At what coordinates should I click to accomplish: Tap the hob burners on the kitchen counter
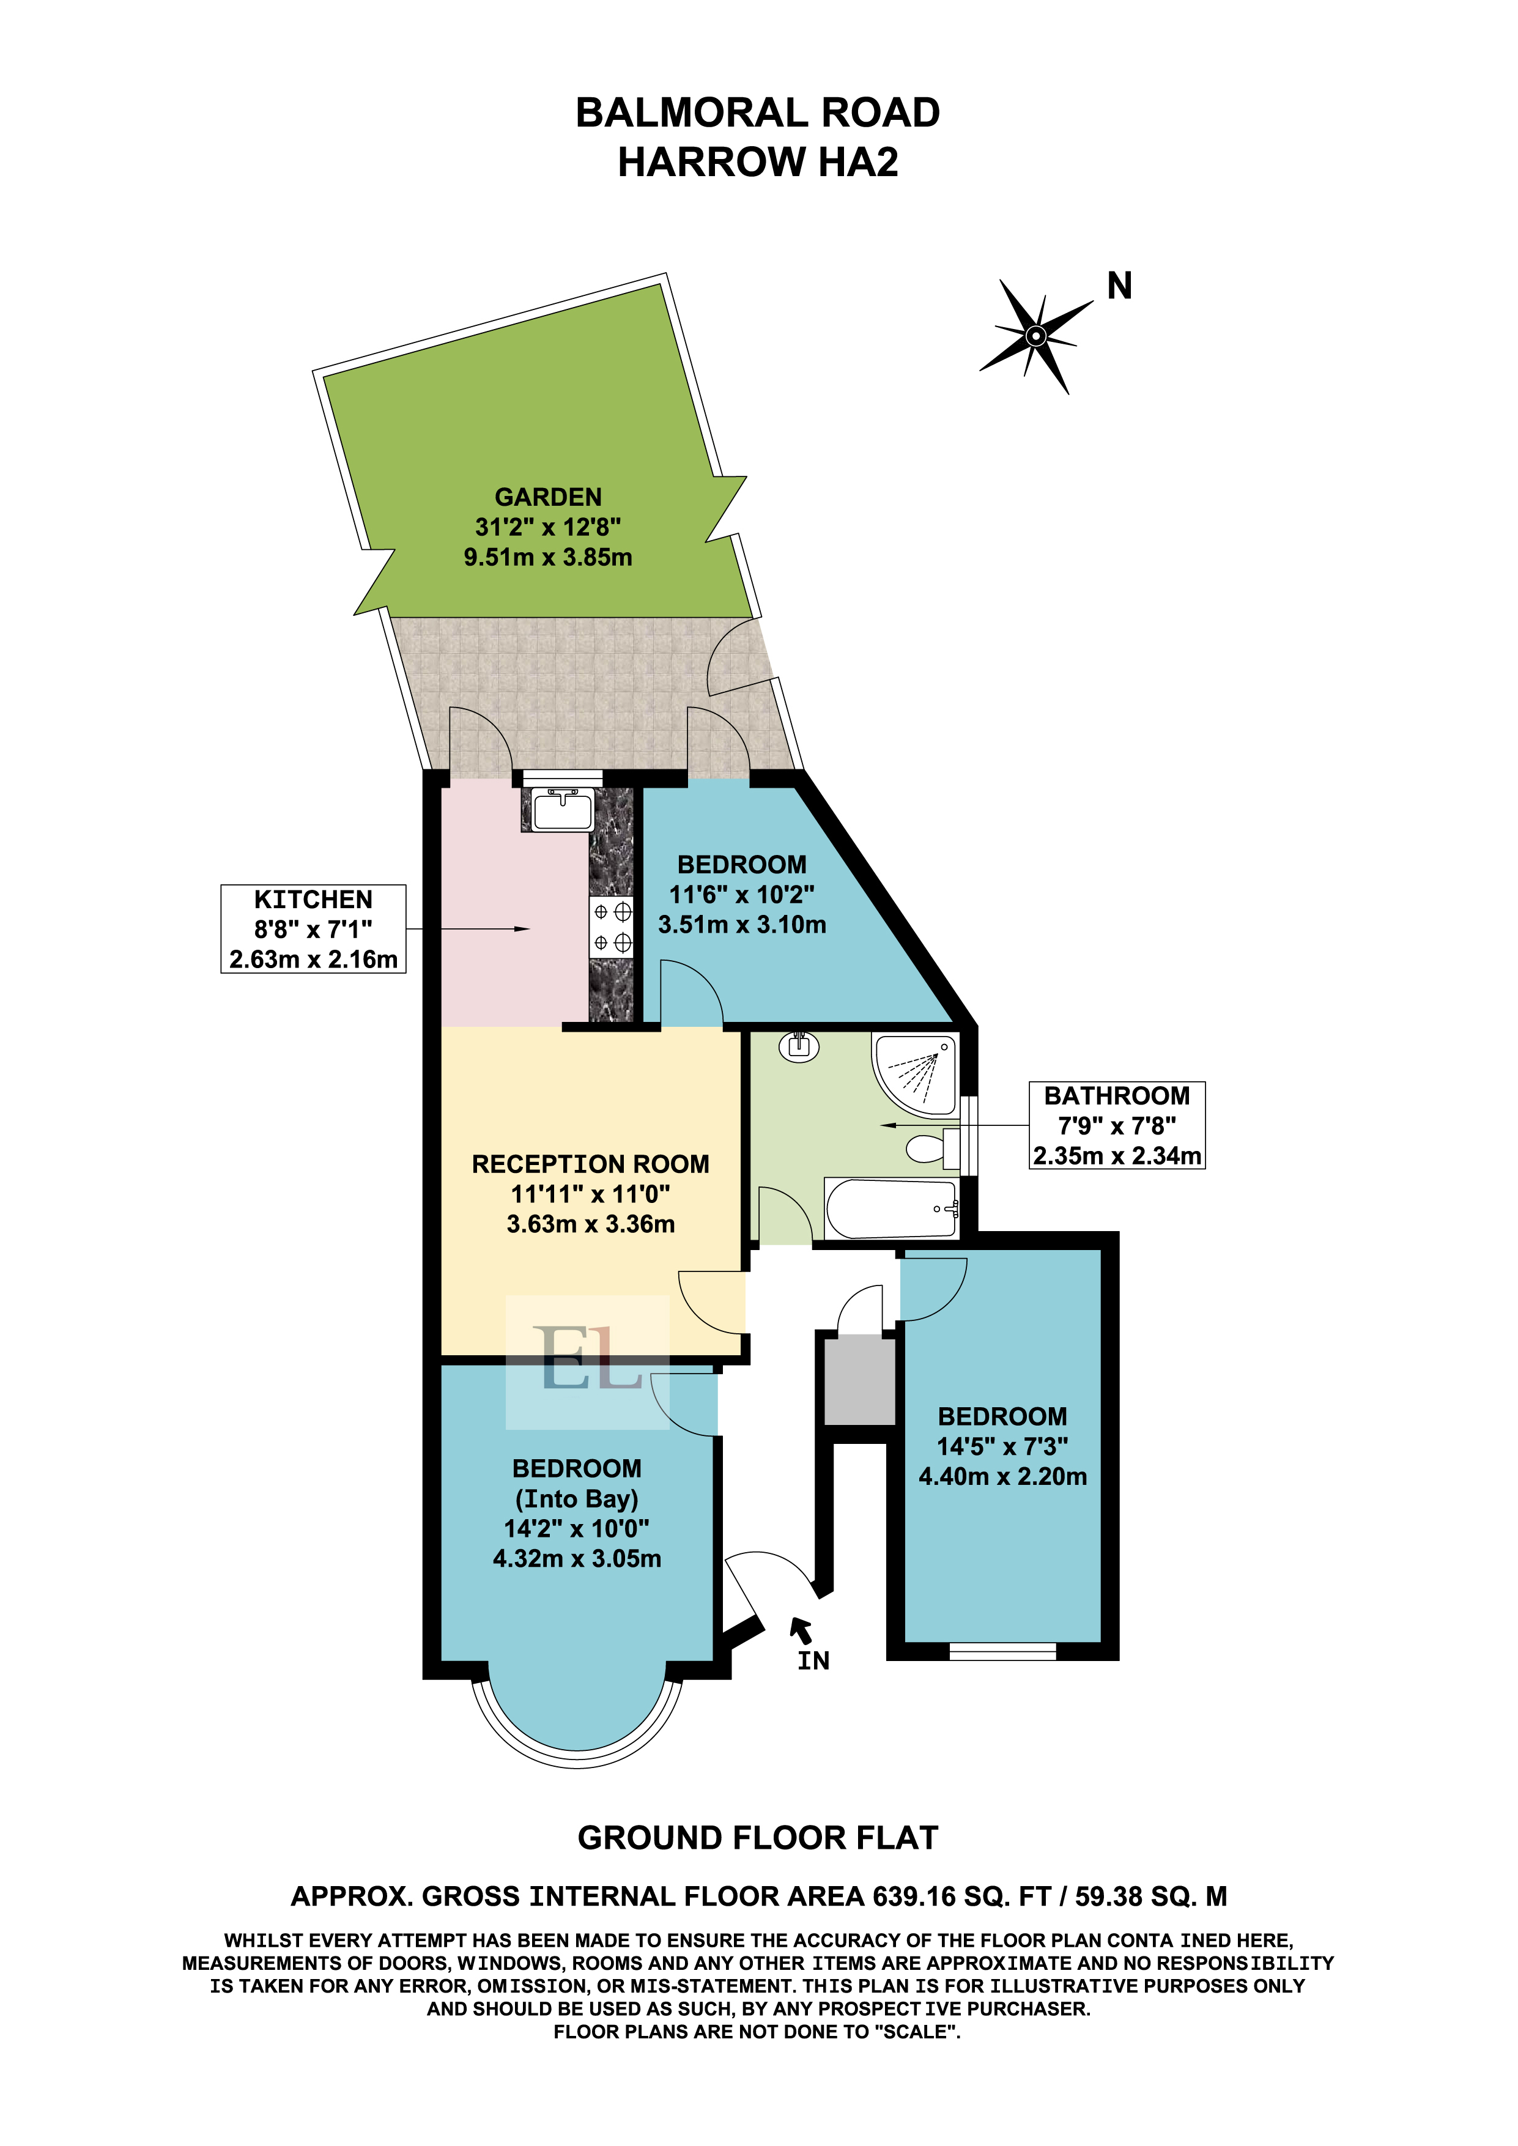[612, 927]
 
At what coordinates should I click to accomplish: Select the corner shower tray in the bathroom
[915, 1075]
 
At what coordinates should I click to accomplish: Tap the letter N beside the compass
[1120, 286]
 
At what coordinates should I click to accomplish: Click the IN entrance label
[813, 1660]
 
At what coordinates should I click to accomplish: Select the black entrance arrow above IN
[801, 1630]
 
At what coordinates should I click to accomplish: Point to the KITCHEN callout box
[313, 929]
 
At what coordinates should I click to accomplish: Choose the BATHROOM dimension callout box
[1117, 1125]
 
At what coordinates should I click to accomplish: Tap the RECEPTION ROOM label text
[591, 1164]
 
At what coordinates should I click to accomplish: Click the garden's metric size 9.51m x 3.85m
[548, 558]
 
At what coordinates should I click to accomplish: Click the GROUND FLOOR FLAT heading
[758, 1838]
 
